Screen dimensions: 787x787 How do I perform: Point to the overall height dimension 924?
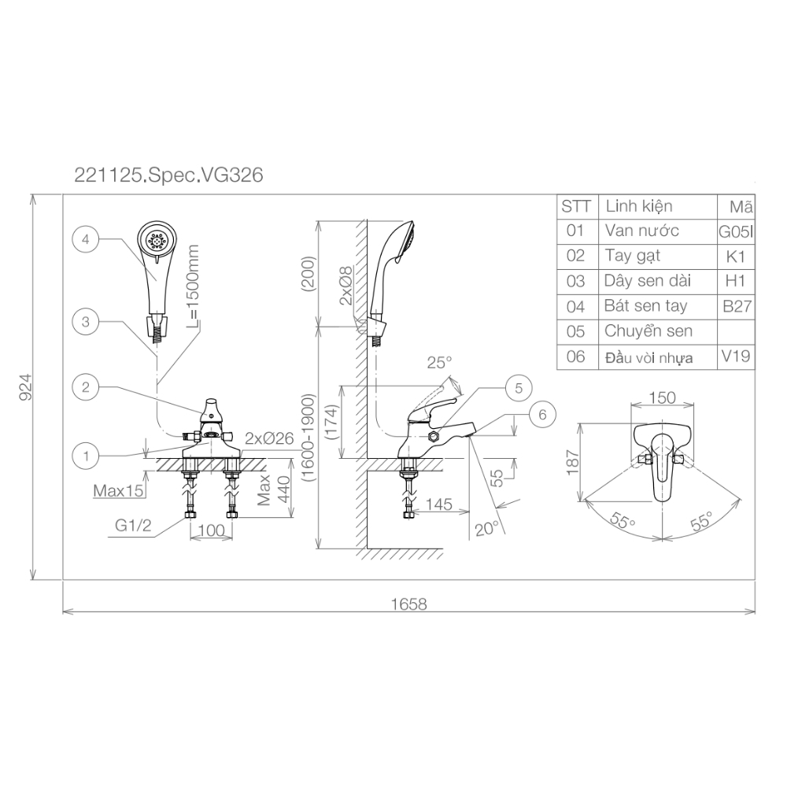point(24,387)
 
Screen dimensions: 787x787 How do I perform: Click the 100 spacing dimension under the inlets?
point(211,530)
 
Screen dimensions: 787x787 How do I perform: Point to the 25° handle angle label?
point(440,363)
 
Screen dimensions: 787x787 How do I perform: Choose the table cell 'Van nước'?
point(641,231)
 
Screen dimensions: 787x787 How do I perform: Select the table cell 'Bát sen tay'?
point(645,306)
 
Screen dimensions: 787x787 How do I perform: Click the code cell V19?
point(737,357)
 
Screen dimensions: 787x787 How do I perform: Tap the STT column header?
point(575,206)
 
